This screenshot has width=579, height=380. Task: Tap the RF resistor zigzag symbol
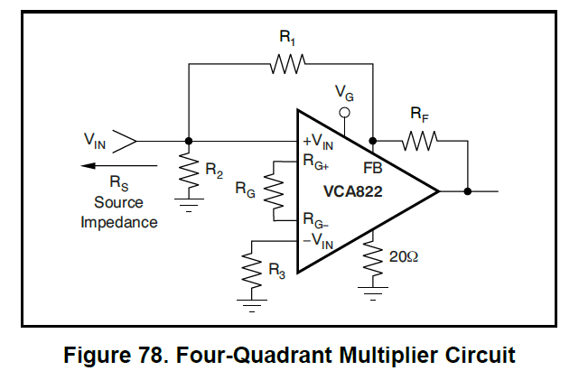click(420, 141)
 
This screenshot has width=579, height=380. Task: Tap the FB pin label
click(373, 168)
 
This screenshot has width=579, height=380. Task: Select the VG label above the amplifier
click(344, 92)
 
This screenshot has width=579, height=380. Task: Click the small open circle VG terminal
click(343, 114)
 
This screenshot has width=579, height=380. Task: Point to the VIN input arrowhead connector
click(126, 141)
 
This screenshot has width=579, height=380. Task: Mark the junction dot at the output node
click(468, 191)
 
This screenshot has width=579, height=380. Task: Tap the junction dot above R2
click(188, 141)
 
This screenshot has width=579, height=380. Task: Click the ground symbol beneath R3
click(252, 304)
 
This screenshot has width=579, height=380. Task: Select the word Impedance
click(119, 222)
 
